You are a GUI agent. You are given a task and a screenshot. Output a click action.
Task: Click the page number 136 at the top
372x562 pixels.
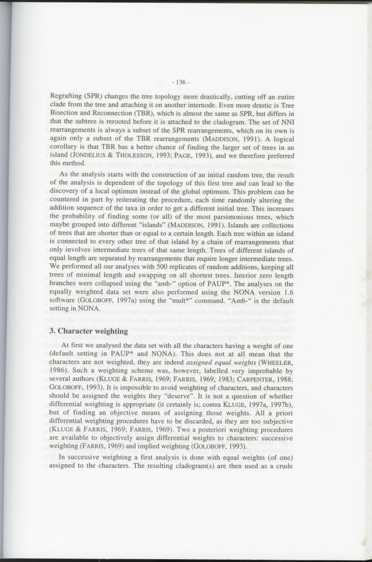click(x=180, y=82)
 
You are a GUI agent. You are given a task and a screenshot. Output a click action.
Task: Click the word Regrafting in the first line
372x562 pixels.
click(x=66, y=97)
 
